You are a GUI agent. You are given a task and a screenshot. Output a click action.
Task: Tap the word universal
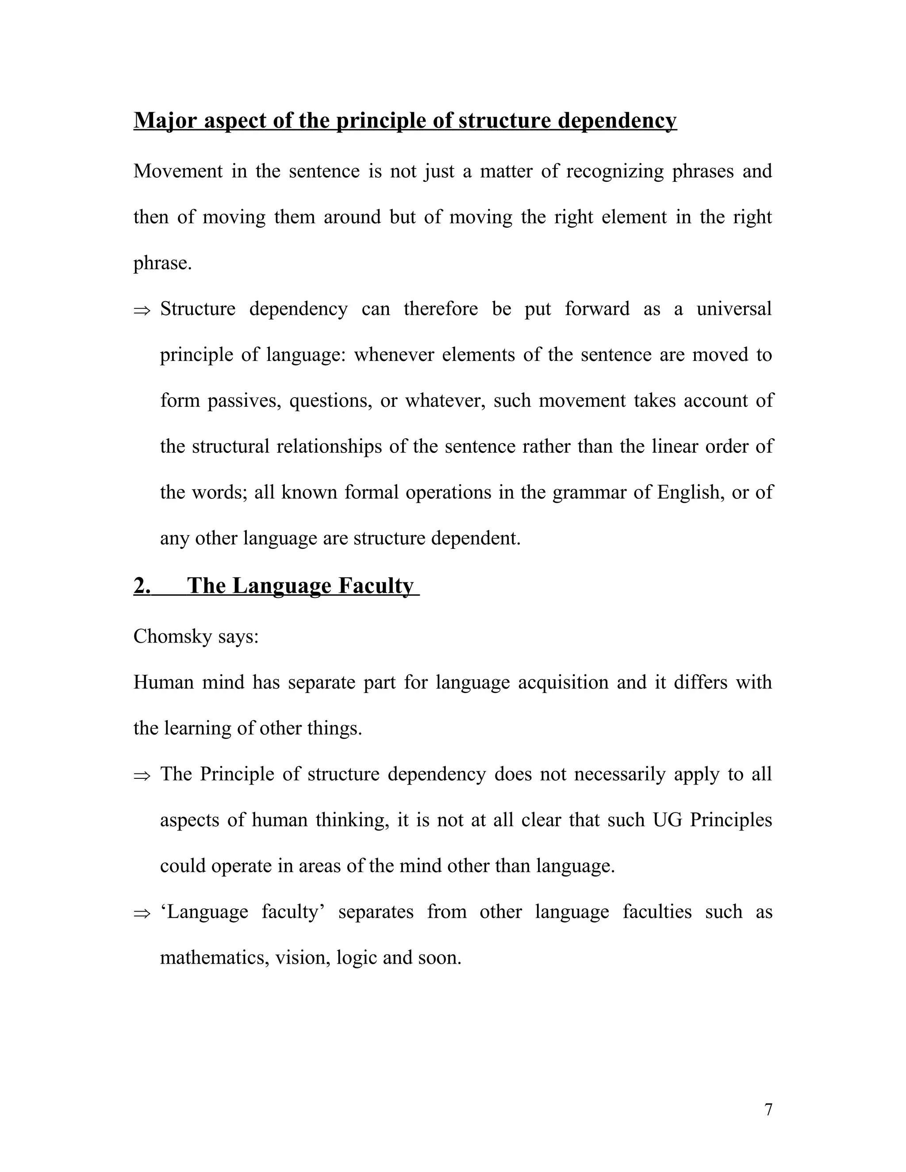click(734, 309)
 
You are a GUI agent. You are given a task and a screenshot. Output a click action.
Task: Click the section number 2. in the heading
click(142, 586)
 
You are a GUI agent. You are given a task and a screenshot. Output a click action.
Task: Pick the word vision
click(302, 958)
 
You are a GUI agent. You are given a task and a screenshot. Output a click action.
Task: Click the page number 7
click(768, 1110)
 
